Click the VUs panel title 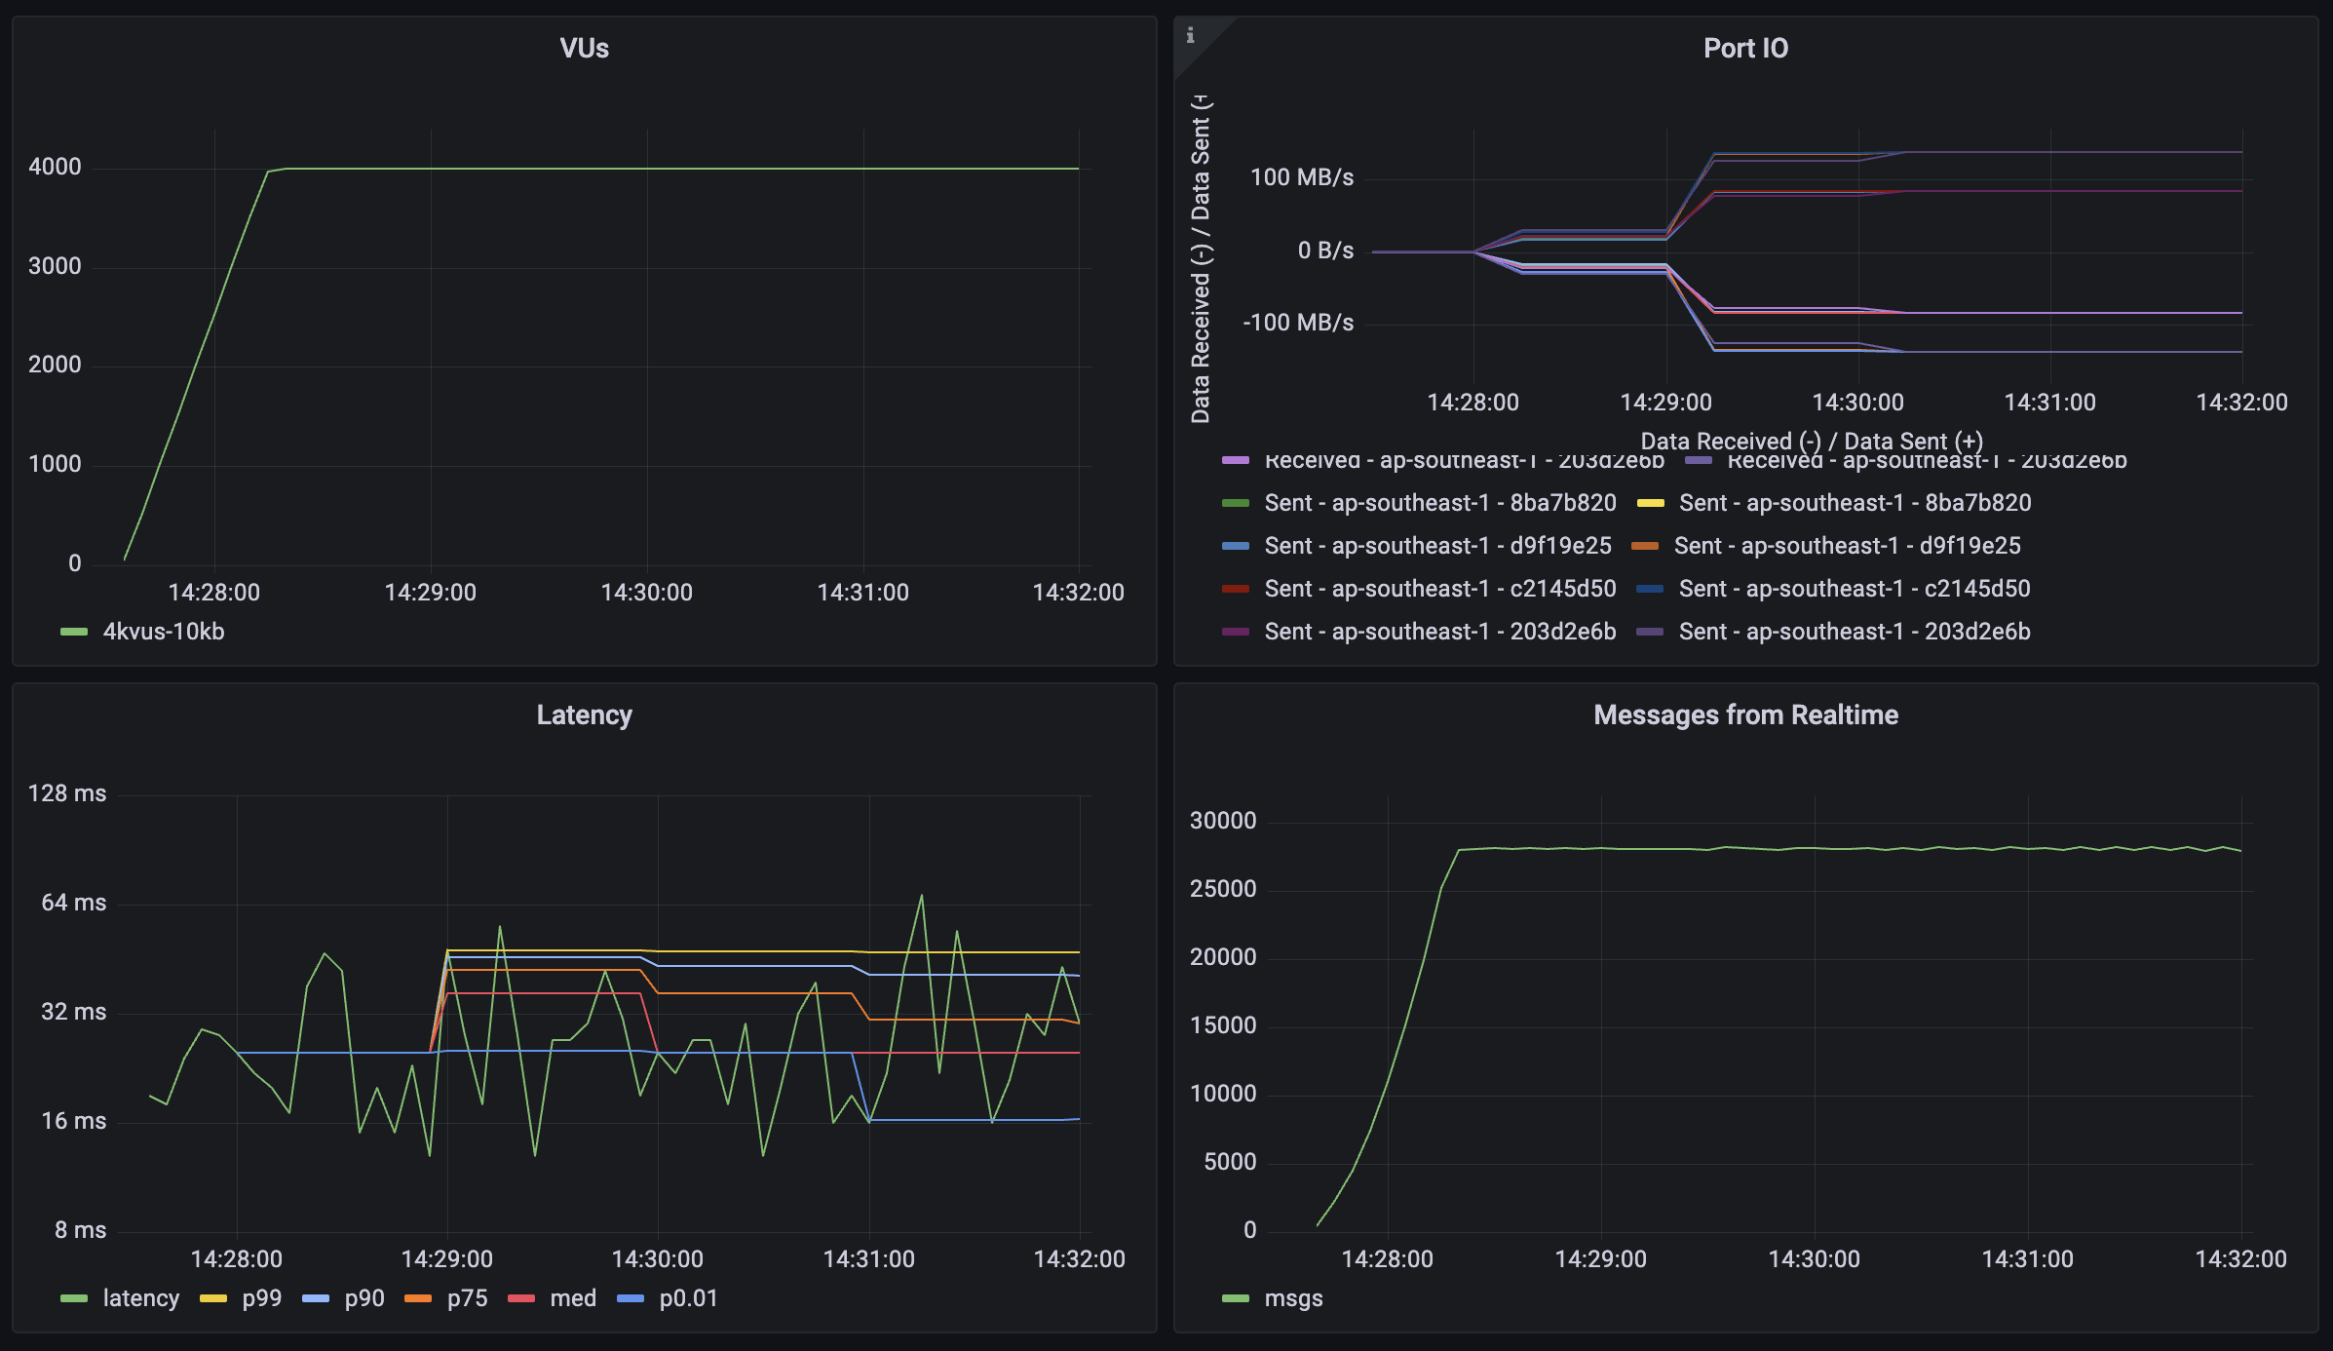point(584,49)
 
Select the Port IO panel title point(1744,49)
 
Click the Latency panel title point(584,715)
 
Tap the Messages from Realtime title point(1744,715)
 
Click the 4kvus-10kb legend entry point(163,632)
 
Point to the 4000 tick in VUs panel point(55,167)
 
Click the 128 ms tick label point(66,793)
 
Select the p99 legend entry point(261,1298)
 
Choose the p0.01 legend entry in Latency point(687,1298)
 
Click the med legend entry point(572,1298)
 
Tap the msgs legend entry point(1292,1298)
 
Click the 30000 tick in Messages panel point(1222,821)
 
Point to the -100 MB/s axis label point(1297,323)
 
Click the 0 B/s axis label point(1324,251)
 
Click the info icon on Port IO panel point(1190,35)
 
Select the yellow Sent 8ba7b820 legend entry point(1854,503)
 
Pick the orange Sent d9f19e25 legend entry point(1846,546)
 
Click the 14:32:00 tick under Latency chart point(1078,1258)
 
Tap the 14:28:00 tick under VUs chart point(213,593)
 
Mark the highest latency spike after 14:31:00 point(921,896)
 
